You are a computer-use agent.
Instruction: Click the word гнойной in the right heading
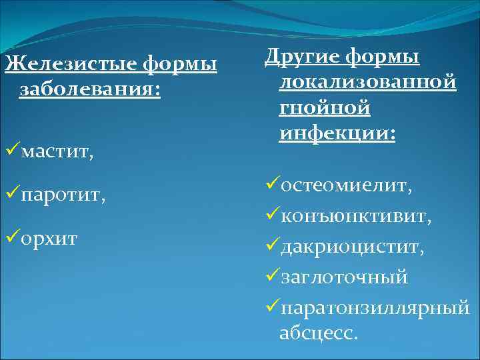tap(325, 107)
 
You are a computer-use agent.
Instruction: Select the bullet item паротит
tap(63, 196)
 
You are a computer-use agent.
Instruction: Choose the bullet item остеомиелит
tap(346, 185)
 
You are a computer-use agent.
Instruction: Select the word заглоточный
tap(344, 277)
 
